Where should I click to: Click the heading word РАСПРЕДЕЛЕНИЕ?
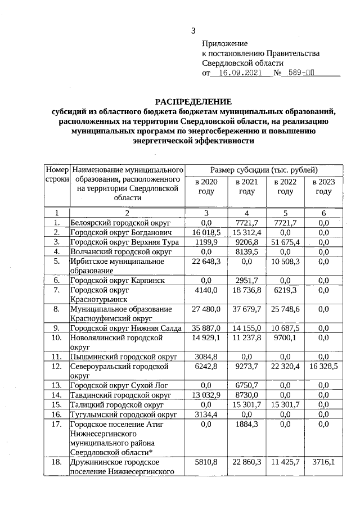(193, 102)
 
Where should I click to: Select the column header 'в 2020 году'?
(206, 187)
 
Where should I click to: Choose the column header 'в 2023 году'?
(323, 187)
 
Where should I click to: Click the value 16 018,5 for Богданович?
(205, 232)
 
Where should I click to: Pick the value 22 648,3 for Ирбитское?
(205, 261)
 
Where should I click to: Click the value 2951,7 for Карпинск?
(246, 280)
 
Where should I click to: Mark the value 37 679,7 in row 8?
(246, 309)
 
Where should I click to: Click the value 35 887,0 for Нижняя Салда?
(205, 328)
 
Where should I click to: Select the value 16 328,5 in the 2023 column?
(323, 366)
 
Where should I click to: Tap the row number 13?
(56, 385)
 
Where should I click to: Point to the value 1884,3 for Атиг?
(246, 424)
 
